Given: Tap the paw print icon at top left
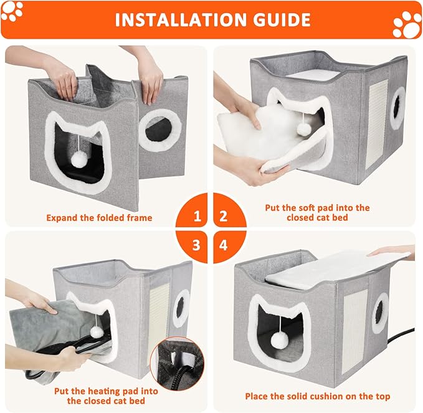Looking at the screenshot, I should pos(12,11).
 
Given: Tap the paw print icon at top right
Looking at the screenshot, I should pos(407,24).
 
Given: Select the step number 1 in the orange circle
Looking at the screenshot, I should pos(197,217).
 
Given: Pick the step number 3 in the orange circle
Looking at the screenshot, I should pos(197,244).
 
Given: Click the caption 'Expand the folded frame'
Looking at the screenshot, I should pos(100,219).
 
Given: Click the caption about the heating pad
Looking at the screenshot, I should pos(105,396).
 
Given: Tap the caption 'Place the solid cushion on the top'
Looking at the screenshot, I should pos(317,396).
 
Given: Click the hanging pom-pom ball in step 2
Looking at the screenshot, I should pos(305,129).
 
